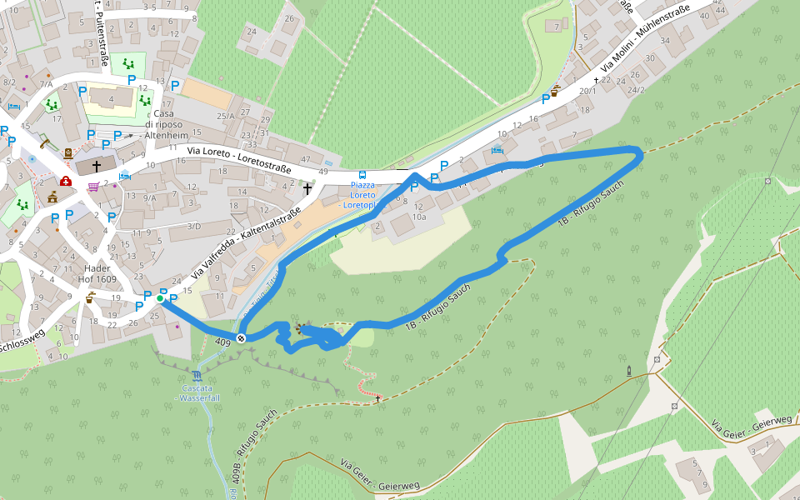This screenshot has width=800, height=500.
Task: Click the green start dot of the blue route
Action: click(159, 297)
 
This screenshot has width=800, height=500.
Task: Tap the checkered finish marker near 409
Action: click(240, 337)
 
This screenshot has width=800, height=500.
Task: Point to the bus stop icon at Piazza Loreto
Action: click(362, 175)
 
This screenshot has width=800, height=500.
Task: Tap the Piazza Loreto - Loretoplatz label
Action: click(362, 194)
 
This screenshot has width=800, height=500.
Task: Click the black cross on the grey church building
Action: click(97, 166)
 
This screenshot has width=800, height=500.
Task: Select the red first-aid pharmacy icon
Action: click(65, 182)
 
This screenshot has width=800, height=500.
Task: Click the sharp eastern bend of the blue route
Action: click(640, 151)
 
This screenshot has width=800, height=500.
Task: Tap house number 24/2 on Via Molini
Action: click(637, 90)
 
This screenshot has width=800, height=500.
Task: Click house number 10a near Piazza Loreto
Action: click(419, 217)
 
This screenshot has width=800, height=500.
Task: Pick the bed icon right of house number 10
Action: click(497, 151)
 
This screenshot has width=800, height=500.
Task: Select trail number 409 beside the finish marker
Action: click(222, 342)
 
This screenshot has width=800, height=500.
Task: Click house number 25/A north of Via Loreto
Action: click(226, 116)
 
